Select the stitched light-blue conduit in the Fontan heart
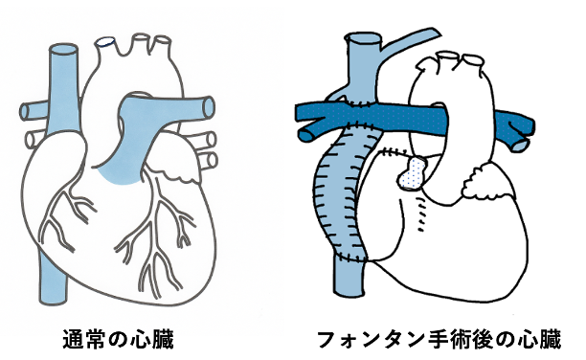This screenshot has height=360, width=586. [338, 191]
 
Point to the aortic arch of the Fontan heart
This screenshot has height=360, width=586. [450, 77]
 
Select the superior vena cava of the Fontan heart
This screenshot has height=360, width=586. [365, 67]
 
